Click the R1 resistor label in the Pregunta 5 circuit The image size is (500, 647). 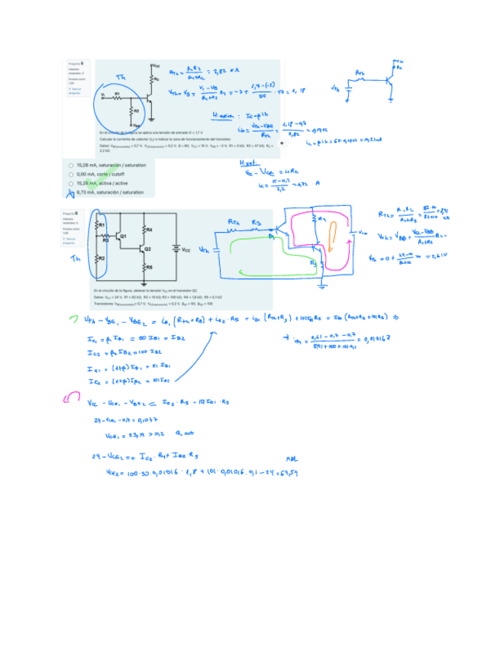(117, 94)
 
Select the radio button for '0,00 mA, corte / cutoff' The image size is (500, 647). (70, 174)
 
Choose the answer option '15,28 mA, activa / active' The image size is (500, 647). (70, 183)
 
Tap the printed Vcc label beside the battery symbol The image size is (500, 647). (184, 249)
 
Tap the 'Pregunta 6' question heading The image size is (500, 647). (76, 214)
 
